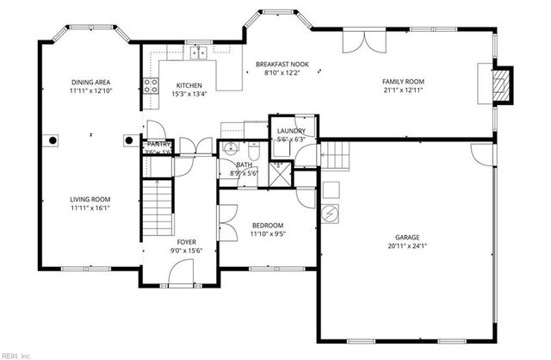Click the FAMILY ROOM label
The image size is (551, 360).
403,82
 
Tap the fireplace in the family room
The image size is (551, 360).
498,83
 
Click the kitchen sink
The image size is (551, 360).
200,53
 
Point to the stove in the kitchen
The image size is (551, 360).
151,85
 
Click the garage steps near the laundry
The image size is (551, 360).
336,156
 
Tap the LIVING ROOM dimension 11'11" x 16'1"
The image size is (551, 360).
90,208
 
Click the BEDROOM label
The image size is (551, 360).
267,225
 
